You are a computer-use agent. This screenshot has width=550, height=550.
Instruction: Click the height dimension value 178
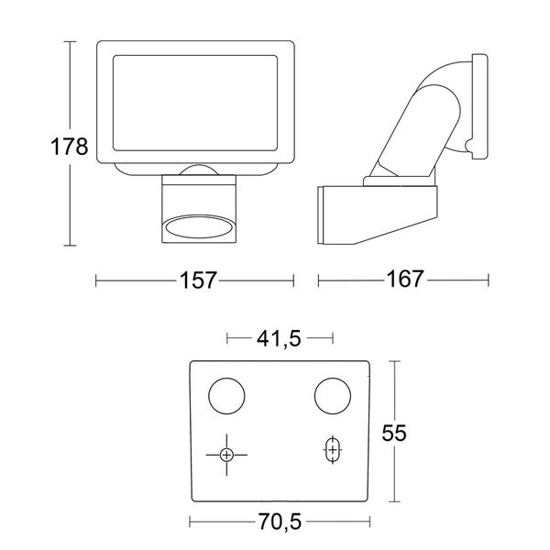point(69,147)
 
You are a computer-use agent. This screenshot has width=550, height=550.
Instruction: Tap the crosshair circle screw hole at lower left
point(227,454)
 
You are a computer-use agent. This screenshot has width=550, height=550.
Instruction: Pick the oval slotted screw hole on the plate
point(333,450)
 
